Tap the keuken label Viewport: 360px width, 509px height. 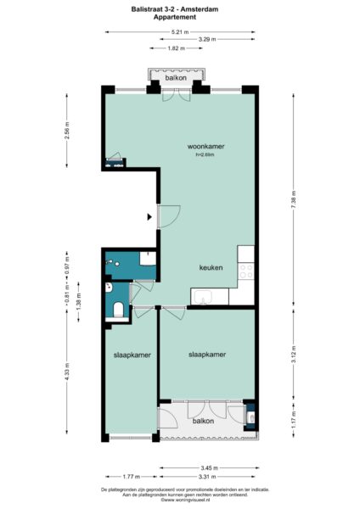[x=211, y=267]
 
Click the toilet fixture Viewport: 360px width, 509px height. [x=118, y=310]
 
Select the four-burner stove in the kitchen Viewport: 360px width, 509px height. [x=246, y=271]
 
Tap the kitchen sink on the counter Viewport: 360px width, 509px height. [x=205, y=296]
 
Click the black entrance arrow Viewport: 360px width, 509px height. [x=151, y=217]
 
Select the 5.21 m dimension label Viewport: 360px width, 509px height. [x=180, y=31]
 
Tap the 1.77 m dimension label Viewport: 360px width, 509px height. [x=130, y=477]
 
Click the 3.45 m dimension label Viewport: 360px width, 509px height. [x=208, y=467]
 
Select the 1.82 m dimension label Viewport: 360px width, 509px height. [x=175, y=48]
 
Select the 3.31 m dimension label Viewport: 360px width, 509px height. [x=208, y=477]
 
